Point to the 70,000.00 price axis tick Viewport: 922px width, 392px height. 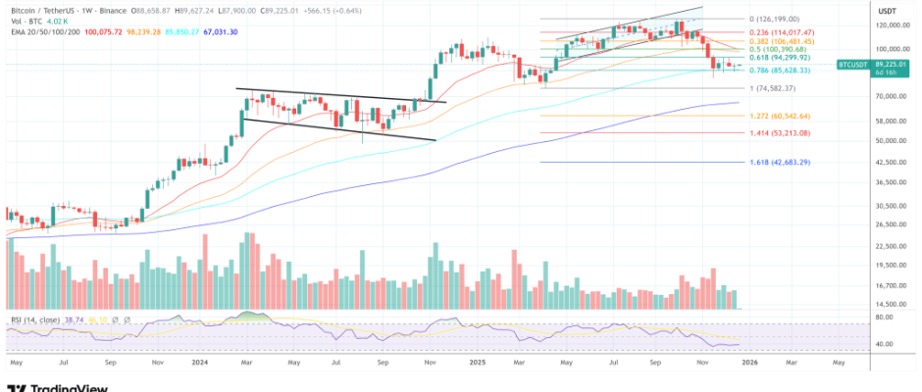889,96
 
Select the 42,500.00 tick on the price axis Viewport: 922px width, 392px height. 889,161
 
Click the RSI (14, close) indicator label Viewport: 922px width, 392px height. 32,320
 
